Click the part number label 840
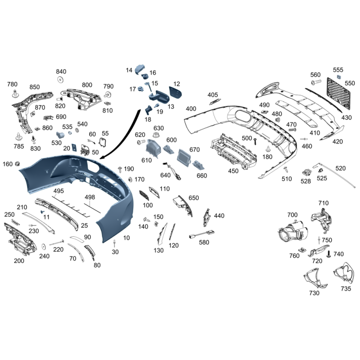pyautogui.click(x=61, y=72)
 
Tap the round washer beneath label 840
pyautogui.click(x=60, y=80)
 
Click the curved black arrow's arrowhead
pyautogui.click(x=103, y=157)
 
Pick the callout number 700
pyautogui.click(x=292, y=215)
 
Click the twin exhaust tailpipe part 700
pyautogui.click(x=293, y=231)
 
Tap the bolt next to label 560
pyautogui.click(x=316, y=82)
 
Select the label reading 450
pyautogui.click(x=233, y=171)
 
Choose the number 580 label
pyautogui.click(x=204, y=243)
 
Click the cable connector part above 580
pyautogui.click(x=202, y=234)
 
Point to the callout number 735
pyautogui.click(x=346, y=288)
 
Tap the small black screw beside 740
pyautogui.click(x=329, y=254)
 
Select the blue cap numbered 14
pyautogui.click(x=139, y=69)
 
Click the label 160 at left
pyautogui.click(x=8, y=164)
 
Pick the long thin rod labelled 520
pyautogui.click(x=334, y=175)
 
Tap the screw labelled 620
pyautogui.click(x=141, y=142)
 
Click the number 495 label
pyautogui.click(x=58, y=191)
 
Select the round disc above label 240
pyautogui.click(x=43, y=247)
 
